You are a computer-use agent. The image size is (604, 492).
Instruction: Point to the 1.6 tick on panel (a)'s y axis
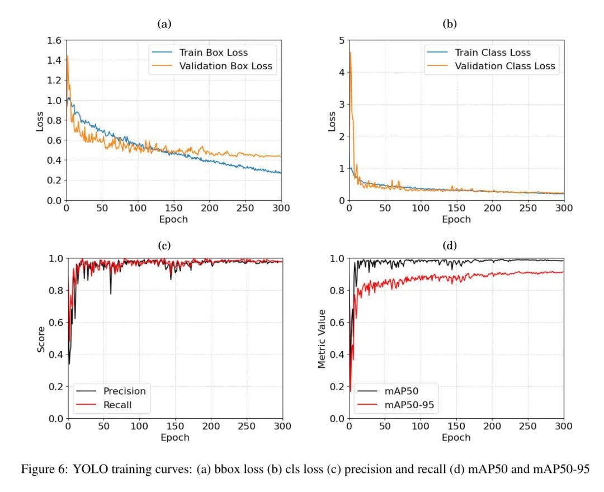(x=54, y=40)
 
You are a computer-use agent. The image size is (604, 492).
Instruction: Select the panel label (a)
(x=164, y=23)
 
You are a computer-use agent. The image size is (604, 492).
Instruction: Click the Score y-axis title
(x=41, y=338)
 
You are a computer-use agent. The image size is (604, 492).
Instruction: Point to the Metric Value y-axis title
(x=322, y=338)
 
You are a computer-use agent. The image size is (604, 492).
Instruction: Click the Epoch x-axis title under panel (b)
(x=456, y=219)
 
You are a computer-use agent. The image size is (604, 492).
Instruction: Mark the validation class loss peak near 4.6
(x=350, y=52)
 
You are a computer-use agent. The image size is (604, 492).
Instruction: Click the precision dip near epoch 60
(x=111, y=294)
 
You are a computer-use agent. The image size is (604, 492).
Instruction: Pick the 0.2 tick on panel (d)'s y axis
(x=337, y=386)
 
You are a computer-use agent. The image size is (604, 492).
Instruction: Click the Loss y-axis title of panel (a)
(x=40, y=120)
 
